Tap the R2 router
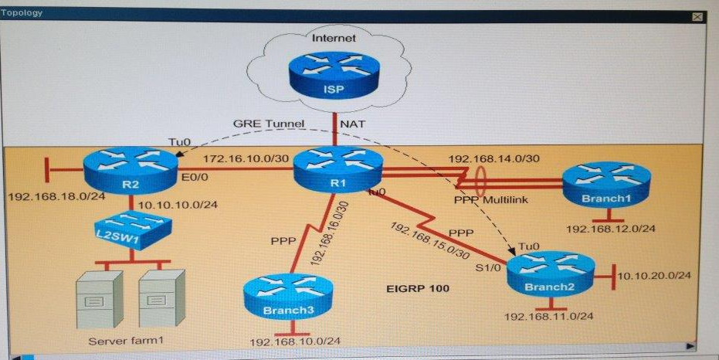coord(131,171)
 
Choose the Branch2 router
coord(551,273)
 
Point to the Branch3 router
coord(288,296)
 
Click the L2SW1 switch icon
coord(133,230)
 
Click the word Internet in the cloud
coord(334,38)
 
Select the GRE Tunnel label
coord(269,124)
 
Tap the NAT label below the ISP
coord(353,124)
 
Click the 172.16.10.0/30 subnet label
coord(246,158)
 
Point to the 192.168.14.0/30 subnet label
coord(493,158)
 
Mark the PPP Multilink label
coord(491,199)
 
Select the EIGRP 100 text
coord(419,288)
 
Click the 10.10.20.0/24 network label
coord(654,276)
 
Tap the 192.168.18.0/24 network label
coord(57,197)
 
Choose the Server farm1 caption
coord(126,341)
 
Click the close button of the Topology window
coord(697,17)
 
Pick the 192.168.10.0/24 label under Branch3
coord(295,342)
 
